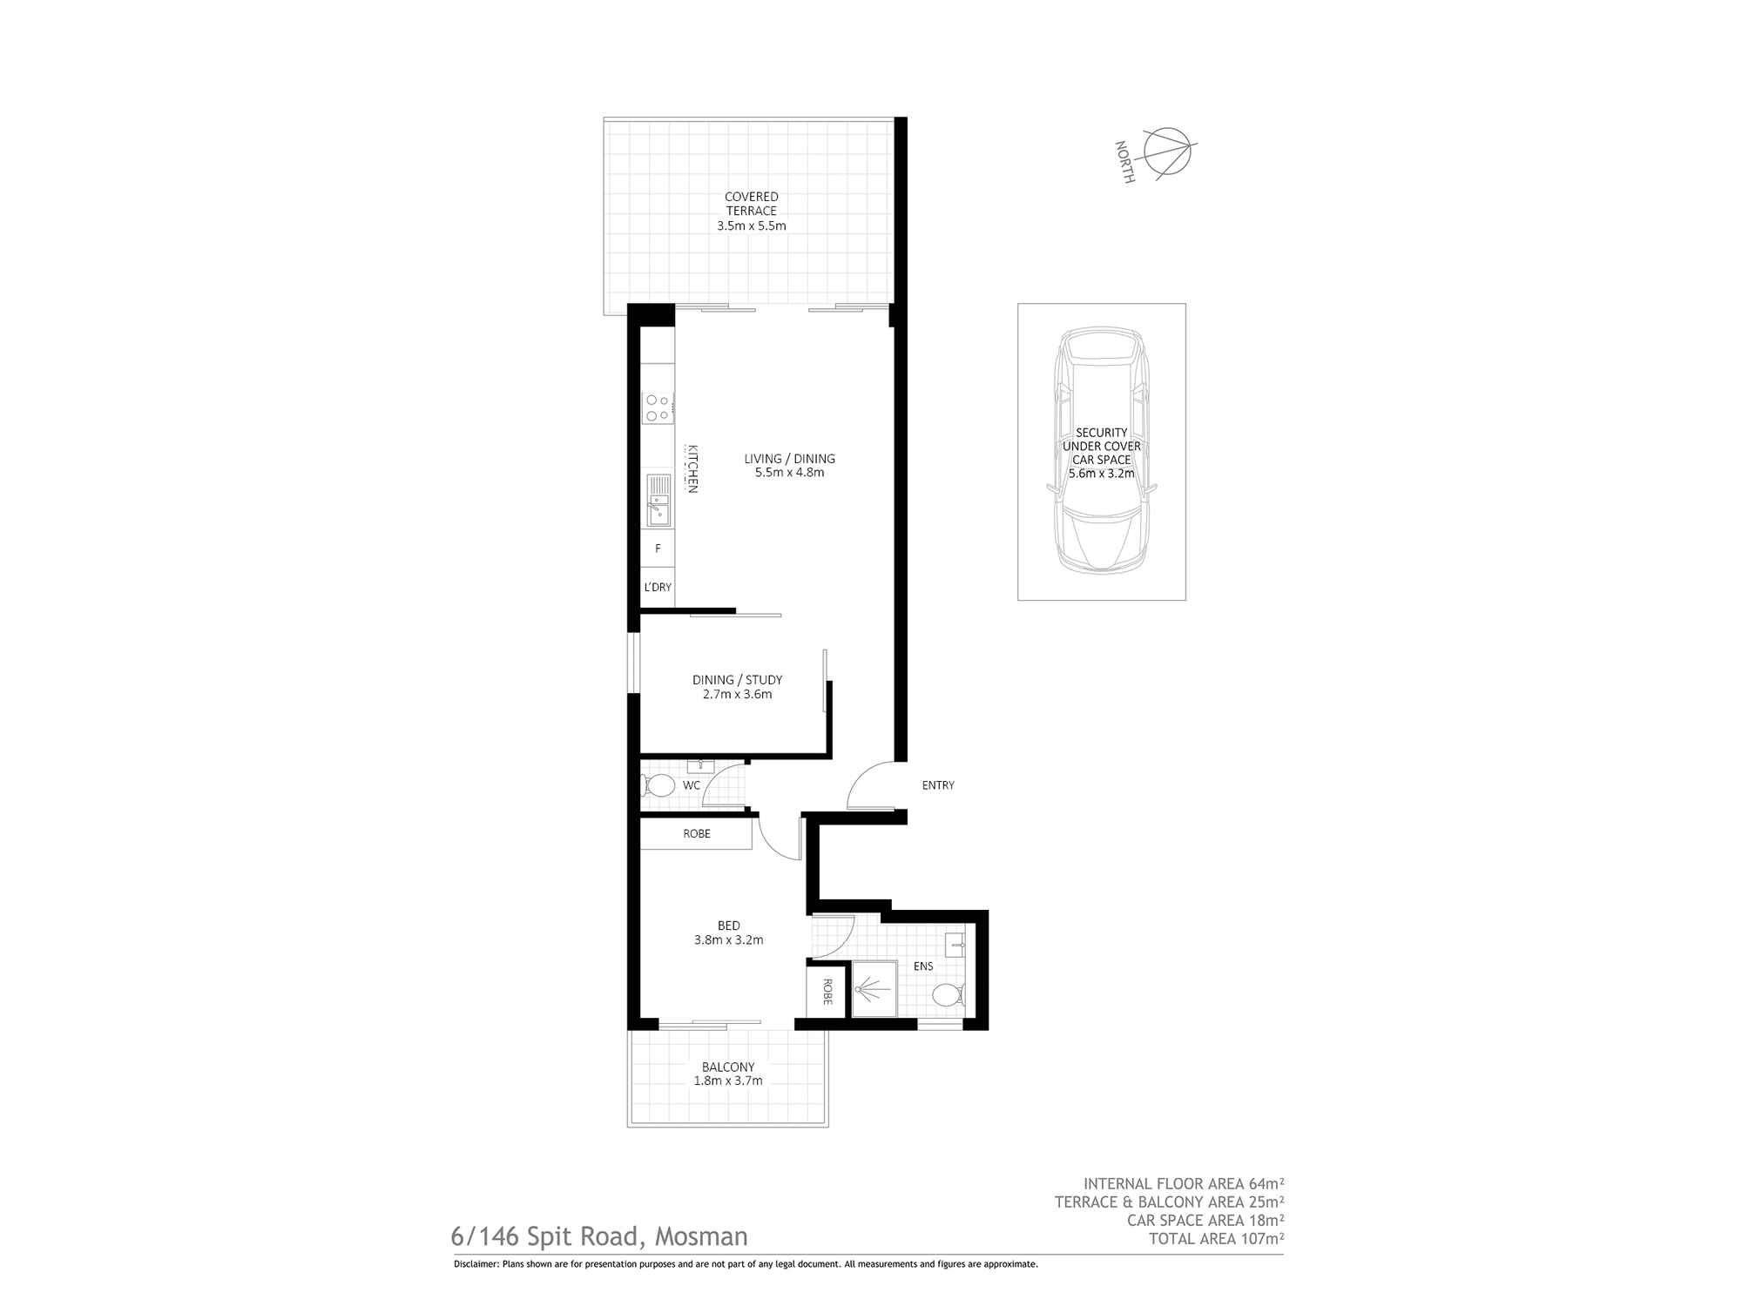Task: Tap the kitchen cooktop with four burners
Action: coord(658,407)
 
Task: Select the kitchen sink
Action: coord(658,501)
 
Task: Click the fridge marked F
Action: coord(658,549)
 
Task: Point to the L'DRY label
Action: coord(658,588)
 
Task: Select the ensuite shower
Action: coord(874,988)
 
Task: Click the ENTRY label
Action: coord(938,785)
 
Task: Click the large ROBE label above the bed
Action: coord(697,834)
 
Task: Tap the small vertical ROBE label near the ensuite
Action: coord(827,992)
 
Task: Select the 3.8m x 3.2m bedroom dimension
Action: coord(729,940)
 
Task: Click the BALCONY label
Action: coord(728,1067)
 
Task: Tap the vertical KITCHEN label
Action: coord(692,469)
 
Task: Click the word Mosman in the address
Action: coord(701,1236)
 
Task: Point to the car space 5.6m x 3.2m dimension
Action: coord(1102,474)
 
